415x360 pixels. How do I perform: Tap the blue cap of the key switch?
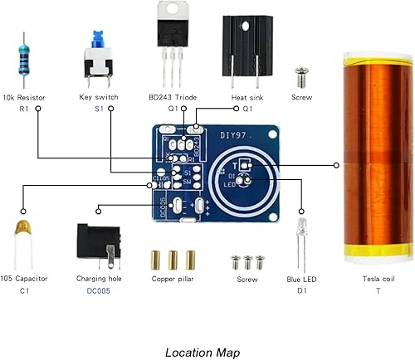tap(97, 36)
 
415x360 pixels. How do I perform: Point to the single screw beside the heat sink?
tap(300, 77)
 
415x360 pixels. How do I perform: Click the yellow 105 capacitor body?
tap(25, 226)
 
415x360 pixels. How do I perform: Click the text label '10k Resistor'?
tap(25, 97)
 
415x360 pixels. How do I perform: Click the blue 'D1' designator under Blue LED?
tap(302, 292)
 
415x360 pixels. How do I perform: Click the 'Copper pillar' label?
tap(173, 280)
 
